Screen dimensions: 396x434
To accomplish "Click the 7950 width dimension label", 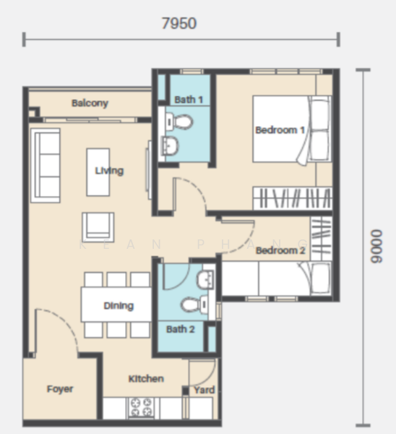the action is pyautogui.click(x=179, y=23).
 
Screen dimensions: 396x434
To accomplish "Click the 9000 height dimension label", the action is pyautogui.click(x=376, y=246).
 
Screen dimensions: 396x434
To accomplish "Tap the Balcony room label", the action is pyautogui.click(x=90, y=103).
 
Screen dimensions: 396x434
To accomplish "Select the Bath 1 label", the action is pyautogui.click(x=189, y=99).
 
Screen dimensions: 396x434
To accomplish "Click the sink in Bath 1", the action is pyautogui.click(x=170, y=145).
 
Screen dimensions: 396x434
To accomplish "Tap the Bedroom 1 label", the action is pyautogui.click(x=280, y=129).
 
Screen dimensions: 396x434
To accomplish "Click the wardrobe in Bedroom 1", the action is pyautogui.click(x=293, y=198).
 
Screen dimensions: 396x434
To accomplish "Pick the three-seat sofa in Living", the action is pyautogui.click(x=46, y=166).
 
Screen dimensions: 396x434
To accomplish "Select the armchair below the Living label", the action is pyautogui.click(x=98, y=227).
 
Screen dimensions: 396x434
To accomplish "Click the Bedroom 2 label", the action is pyautogui.click(x=280, y=250).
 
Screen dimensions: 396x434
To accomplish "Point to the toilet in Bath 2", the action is pyautogui.click(x=194, y=305).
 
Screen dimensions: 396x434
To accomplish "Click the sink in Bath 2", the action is pyautogui.click(x=205, y=279).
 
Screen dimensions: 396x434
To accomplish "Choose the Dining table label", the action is pyautogui.click(x=119, y=305).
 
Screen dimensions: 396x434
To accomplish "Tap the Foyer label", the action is pyautogui.click(x=60, y=389).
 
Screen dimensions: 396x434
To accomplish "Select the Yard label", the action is pyautogui.click(x=204, y=390).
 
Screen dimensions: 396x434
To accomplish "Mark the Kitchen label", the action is pyautogui.click(x=146, y=378).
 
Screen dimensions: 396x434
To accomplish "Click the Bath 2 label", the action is pyautogui.click(x=181, y=329).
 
